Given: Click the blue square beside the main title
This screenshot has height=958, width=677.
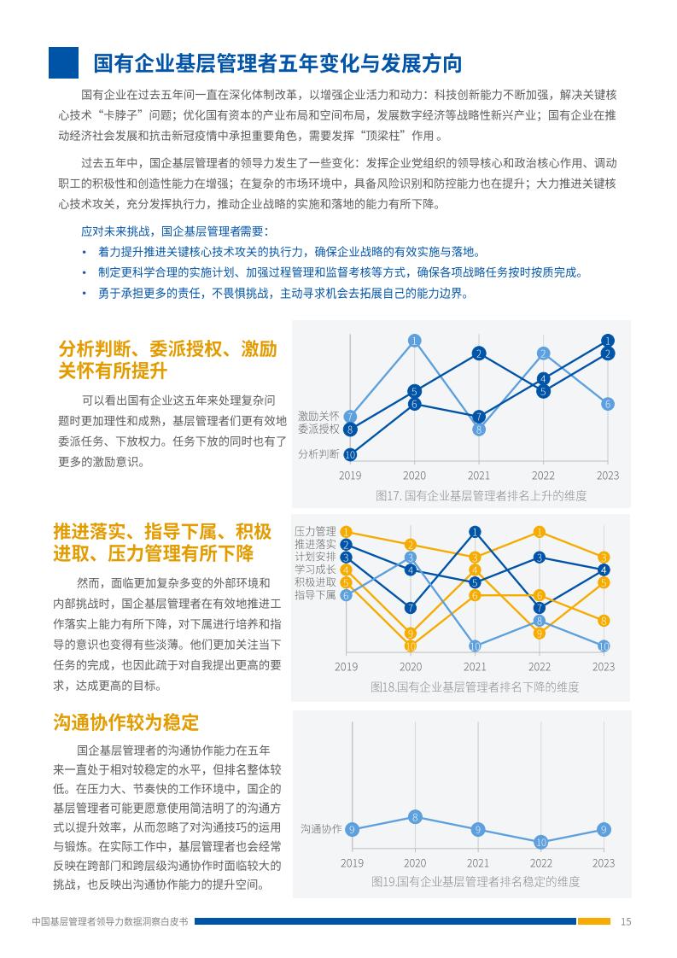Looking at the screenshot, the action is (x=63, y=62).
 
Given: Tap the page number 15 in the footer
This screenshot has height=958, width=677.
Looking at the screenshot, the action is (x=626, y=921).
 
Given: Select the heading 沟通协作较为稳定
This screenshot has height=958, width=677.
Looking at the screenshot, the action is (x=125, y=722).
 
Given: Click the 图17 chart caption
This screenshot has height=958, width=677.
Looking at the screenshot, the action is (x=481, y=495).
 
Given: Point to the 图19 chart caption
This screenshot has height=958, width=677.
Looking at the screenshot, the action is (x=476, y=882).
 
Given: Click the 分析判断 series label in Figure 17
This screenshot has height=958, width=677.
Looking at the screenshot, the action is (x=318, y=454).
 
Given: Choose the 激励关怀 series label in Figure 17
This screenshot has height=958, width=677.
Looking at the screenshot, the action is (x=318, y=416).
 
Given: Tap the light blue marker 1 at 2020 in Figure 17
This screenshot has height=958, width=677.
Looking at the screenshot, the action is (x=414, y=341).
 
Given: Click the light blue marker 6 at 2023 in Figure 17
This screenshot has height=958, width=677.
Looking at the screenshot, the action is (x=607, y=404).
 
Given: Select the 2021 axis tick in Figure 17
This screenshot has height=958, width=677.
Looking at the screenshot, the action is (x=478, y=476).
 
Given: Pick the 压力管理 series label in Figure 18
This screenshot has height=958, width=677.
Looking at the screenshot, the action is (x=315, y=532).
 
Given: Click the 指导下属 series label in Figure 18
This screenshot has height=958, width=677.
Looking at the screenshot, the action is (x=315, y=594).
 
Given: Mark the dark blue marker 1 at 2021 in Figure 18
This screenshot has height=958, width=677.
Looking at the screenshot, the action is (x=475, y=532).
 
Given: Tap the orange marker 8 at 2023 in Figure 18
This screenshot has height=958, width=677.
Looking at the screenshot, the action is (x=604, y=621).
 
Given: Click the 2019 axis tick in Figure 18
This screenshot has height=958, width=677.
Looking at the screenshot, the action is (x=346, y=667).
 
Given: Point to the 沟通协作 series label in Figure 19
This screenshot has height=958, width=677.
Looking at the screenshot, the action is (x=321, y=829).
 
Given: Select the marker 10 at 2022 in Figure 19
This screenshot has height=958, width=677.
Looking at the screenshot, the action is (x=540, y=843).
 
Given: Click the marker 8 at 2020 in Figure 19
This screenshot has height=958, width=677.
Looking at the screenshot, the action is (x=415, y=817).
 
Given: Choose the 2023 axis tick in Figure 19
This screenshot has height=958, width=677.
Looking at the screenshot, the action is (x=604, y=862).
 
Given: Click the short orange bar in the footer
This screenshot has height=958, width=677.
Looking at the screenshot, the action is (x=594, y=921).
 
